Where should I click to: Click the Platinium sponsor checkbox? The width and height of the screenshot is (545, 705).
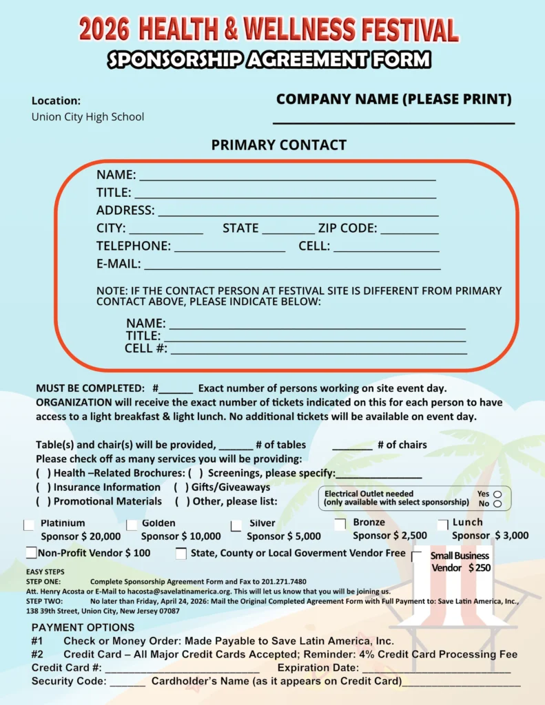[29, 525]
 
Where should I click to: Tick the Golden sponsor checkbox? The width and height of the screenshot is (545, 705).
[131, 525]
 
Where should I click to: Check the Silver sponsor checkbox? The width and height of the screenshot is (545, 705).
[236, 525]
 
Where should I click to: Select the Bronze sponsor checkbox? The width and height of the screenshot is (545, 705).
[340, 524]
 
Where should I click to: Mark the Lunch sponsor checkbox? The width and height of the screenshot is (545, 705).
[442, 525]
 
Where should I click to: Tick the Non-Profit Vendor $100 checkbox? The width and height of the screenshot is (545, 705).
[31, 553]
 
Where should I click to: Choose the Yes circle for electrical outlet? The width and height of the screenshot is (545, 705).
[497, 494]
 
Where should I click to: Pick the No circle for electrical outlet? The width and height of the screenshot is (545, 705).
[497, 504]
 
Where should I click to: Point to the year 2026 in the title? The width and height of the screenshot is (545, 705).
[104, 30]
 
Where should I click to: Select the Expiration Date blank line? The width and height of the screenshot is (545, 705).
[436, 669]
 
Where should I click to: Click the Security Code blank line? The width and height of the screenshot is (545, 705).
[127, 682]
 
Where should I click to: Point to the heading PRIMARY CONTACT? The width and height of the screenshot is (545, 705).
[278, 145]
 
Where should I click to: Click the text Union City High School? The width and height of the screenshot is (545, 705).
[88, 117]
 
